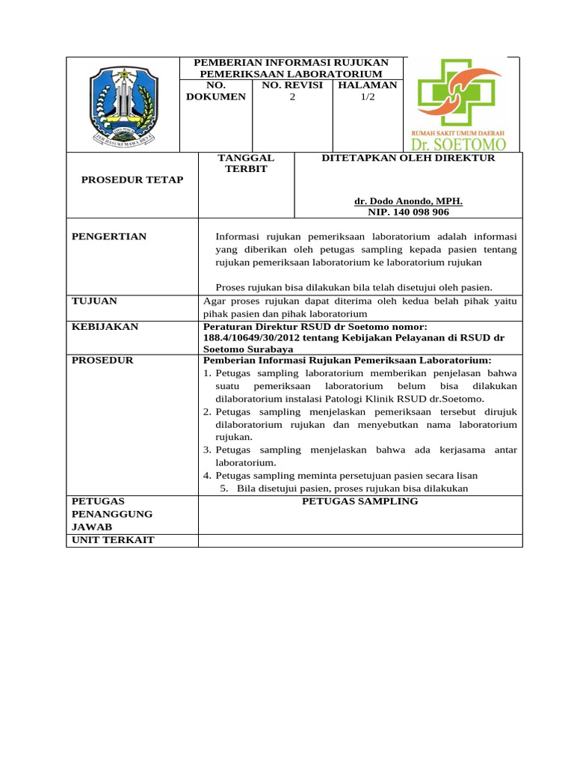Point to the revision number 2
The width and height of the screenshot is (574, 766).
292,96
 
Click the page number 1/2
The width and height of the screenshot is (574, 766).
368,96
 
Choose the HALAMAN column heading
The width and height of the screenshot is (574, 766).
368,85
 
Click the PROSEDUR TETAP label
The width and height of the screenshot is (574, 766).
132,180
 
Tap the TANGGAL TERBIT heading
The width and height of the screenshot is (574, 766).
246,163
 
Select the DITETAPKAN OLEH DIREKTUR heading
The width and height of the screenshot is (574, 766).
408,158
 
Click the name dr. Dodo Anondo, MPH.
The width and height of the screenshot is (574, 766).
408,201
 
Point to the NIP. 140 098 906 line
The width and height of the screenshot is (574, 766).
408,212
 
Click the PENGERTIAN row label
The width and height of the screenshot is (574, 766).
109,236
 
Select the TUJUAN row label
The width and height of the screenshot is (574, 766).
94,301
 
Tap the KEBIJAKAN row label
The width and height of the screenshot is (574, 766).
105,327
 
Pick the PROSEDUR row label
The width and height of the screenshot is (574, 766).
102,360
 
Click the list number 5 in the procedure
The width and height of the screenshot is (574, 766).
223,488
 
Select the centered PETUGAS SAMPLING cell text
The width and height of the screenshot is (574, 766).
359,500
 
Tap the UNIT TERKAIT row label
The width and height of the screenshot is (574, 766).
113,540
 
